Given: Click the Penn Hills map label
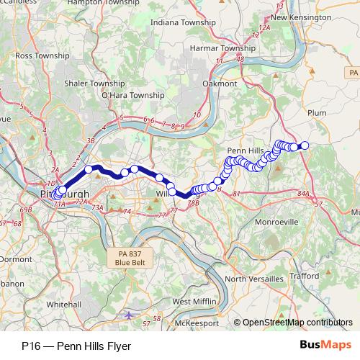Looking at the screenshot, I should (243, 150).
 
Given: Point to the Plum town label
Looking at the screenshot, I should (317, 113).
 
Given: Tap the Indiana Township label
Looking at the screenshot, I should (184, 23).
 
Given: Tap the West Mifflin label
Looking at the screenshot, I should (192, 301).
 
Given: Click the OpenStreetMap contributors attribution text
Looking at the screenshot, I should (297, 323).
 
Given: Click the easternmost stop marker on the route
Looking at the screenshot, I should (304, 145).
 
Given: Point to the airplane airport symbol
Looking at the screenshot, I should (128, 315).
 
